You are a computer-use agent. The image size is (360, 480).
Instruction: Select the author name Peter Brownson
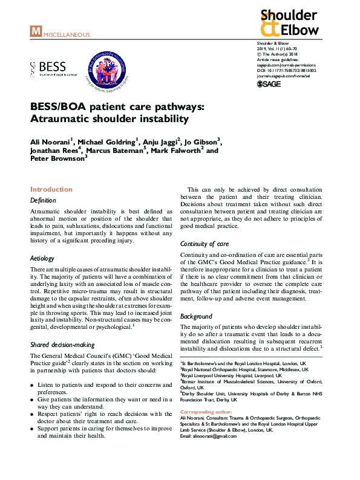[x=57, y=158]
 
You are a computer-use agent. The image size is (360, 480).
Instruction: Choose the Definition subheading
[x=43, y=200]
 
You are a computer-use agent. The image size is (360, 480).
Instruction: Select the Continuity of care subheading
[x=205, y=244]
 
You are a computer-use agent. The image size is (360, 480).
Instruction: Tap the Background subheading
[x=196, y=316]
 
